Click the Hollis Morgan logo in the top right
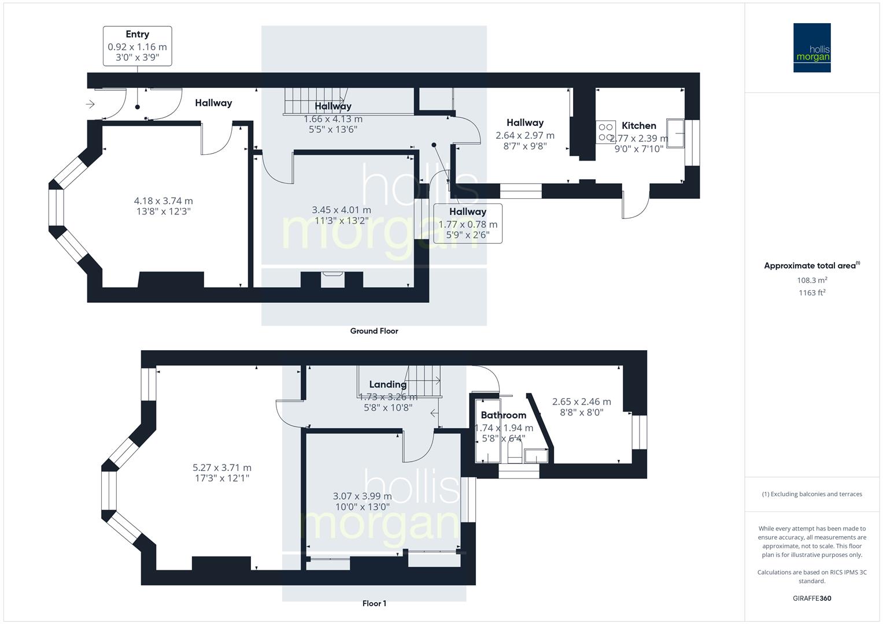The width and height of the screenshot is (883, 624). tap(811, 47)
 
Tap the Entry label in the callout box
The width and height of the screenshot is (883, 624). tap(137, 35)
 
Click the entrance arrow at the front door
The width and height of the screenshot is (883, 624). tap(90, 104)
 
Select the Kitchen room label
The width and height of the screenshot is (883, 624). tap(638, 125)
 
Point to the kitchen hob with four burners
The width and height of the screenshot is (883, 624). tap(606, 132)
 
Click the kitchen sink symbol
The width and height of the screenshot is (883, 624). tap(675, 133)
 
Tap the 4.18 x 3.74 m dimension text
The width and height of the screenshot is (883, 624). tap(163, 201)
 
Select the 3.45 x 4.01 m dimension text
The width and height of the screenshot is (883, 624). tap(341, 210)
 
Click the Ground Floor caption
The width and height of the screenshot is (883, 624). tap(374, 331)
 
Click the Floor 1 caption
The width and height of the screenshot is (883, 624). tap(374, 603)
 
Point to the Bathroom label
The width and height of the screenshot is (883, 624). tap(503, 415)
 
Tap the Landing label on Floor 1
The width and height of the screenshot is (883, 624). tap(387, 384)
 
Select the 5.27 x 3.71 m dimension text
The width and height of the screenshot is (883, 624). tap(222, 468)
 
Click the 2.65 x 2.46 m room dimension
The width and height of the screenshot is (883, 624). tap(581, 402)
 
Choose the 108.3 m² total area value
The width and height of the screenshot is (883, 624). tap(812, 280)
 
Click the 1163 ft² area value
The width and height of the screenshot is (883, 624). tap(812, 292)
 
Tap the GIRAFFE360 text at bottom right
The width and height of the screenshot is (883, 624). tap(812, 598)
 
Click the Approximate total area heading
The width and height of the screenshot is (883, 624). tap(811, 266)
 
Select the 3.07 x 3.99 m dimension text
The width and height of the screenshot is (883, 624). tap(362, 496)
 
